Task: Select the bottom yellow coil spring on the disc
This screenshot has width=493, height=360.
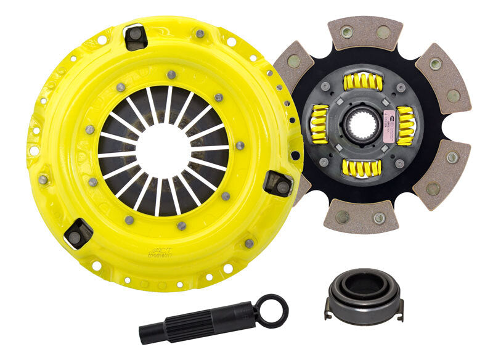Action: click(364, 167)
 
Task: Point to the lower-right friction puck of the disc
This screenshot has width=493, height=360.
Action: click(442, 174)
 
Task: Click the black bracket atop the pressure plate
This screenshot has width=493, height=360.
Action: click(135, 36)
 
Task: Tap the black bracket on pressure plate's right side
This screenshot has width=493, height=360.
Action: click(278, 184)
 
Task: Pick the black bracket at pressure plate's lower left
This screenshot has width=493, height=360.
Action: click(78, 233)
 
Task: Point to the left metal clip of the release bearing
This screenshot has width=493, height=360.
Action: click(328, 306)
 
